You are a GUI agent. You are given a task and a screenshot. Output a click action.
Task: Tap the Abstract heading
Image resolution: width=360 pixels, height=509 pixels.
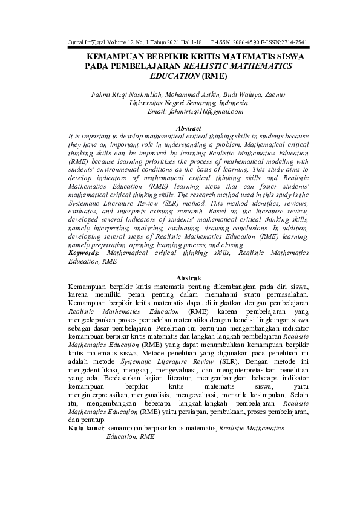tap(188, 129)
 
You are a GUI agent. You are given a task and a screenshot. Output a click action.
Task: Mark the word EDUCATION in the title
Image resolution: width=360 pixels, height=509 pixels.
tap(177, 77)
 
